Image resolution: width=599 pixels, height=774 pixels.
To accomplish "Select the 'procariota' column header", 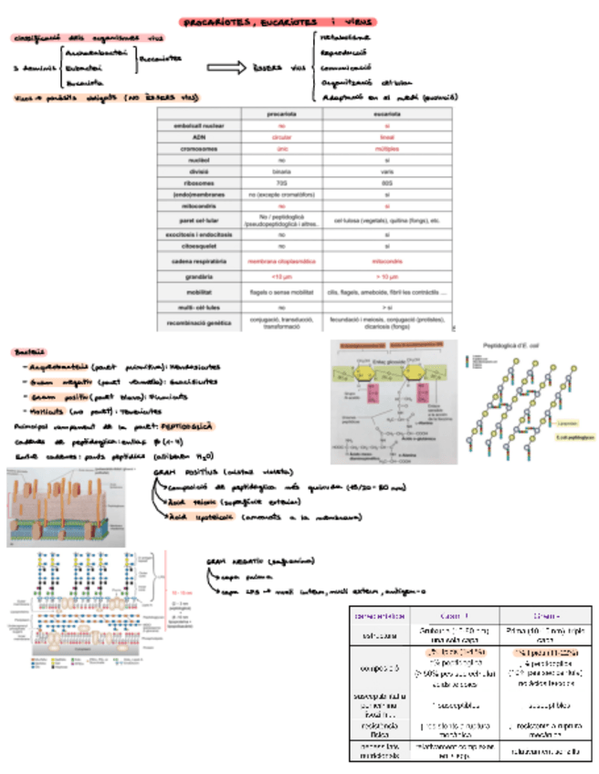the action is click(x=282, y=113).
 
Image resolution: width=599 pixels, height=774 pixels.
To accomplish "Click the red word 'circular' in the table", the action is click(x=282, y=136).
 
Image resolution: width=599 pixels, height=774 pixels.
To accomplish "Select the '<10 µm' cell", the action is click(x=282, y=276).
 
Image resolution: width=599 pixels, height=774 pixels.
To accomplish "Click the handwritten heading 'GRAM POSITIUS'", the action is click(x=182, y=471).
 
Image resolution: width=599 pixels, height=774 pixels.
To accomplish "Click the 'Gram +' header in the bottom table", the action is click(x=455, y=616).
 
